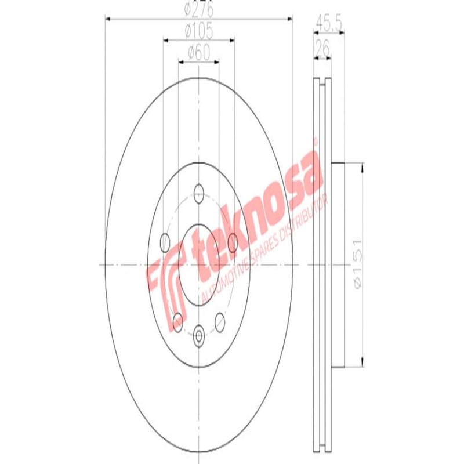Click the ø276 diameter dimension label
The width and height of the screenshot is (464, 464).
coord(198,10)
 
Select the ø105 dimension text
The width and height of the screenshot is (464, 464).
coord(198,30)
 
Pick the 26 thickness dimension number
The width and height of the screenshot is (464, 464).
coord(322,50)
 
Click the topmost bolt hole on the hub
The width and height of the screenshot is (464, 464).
coord(200,192)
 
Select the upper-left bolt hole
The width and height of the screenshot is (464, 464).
coord(164,241)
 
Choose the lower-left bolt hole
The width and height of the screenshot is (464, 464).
coord(178,320)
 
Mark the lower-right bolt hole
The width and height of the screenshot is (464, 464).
coord(220,320)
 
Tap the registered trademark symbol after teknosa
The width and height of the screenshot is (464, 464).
coord(316,141)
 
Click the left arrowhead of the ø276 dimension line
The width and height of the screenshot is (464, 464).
coord(108,19)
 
